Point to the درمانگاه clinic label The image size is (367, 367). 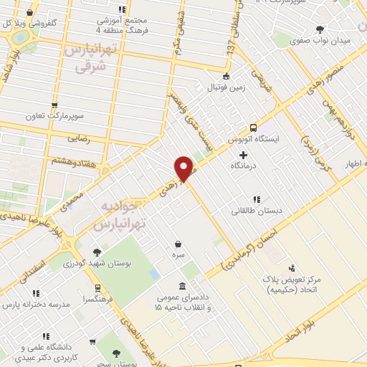(x=244, y=166)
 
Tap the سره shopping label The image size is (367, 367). (x=177, y=254)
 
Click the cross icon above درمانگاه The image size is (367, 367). (x=244, y=154)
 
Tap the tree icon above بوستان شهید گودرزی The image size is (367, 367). (x=97, y=253)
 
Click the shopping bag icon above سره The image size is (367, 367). (x=177, y=244)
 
